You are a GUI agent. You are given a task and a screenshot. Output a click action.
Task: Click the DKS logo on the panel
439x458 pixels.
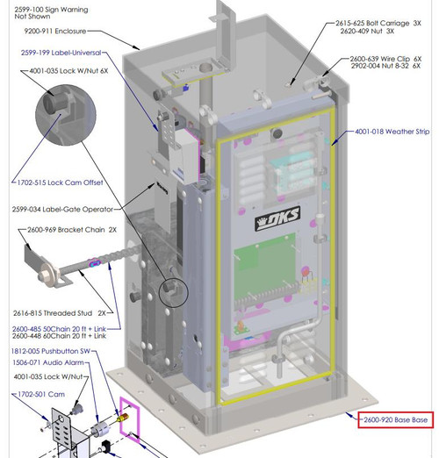click(x=277, y=218)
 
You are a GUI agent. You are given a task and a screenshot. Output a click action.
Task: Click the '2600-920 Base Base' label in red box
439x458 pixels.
click(x=395, y=420)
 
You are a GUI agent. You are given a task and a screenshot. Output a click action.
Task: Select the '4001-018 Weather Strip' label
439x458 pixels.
click(x=392, y=132)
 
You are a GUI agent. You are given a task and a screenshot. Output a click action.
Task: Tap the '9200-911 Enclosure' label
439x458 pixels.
click(x=55, y=31)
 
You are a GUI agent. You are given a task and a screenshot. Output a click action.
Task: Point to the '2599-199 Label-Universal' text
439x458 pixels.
click(x=61, y=53)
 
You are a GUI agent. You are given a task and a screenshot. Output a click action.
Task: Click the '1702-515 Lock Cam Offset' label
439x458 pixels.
click(x=60, y=182)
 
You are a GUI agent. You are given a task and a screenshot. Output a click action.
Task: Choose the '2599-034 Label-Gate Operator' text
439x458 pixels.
click(x=62, y=210)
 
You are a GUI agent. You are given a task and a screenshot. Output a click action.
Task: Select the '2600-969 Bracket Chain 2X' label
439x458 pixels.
click(x=72, y=230)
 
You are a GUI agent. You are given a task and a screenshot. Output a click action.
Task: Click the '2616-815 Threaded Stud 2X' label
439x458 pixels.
click(x=60, y=313)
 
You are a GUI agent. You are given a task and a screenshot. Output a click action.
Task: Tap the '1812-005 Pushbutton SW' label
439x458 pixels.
click(x=50, y=351)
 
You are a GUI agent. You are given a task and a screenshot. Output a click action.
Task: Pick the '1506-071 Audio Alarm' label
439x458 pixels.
click(x=48, y=362)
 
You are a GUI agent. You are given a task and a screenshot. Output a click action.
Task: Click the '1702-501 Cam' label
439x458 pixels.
click(x=41, y=394)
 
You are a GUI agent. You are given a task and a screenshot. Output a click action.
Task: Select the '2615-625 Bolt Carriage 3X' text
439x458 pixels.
click(x=378, y=24)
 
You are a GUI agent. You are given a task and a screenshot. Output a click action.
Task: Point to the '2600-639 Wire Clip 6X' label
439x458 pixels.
click(x=385, y=59)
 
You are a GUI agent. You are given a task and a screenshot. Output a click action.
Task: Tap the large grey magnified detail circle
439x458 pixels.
click(x=66, y=115)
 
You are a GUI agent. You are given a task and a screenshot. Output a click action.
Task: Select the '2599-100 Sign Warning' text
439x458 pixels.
click(x=51, y=10)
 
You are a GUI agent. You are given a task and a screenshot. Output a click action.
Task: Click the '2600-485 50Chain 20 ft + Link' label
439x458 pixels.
click(x=59, y=329)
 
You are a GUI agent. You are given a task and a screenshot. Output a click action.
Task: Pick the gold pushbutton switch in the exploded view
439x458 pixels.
click(x=123, y=419)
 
